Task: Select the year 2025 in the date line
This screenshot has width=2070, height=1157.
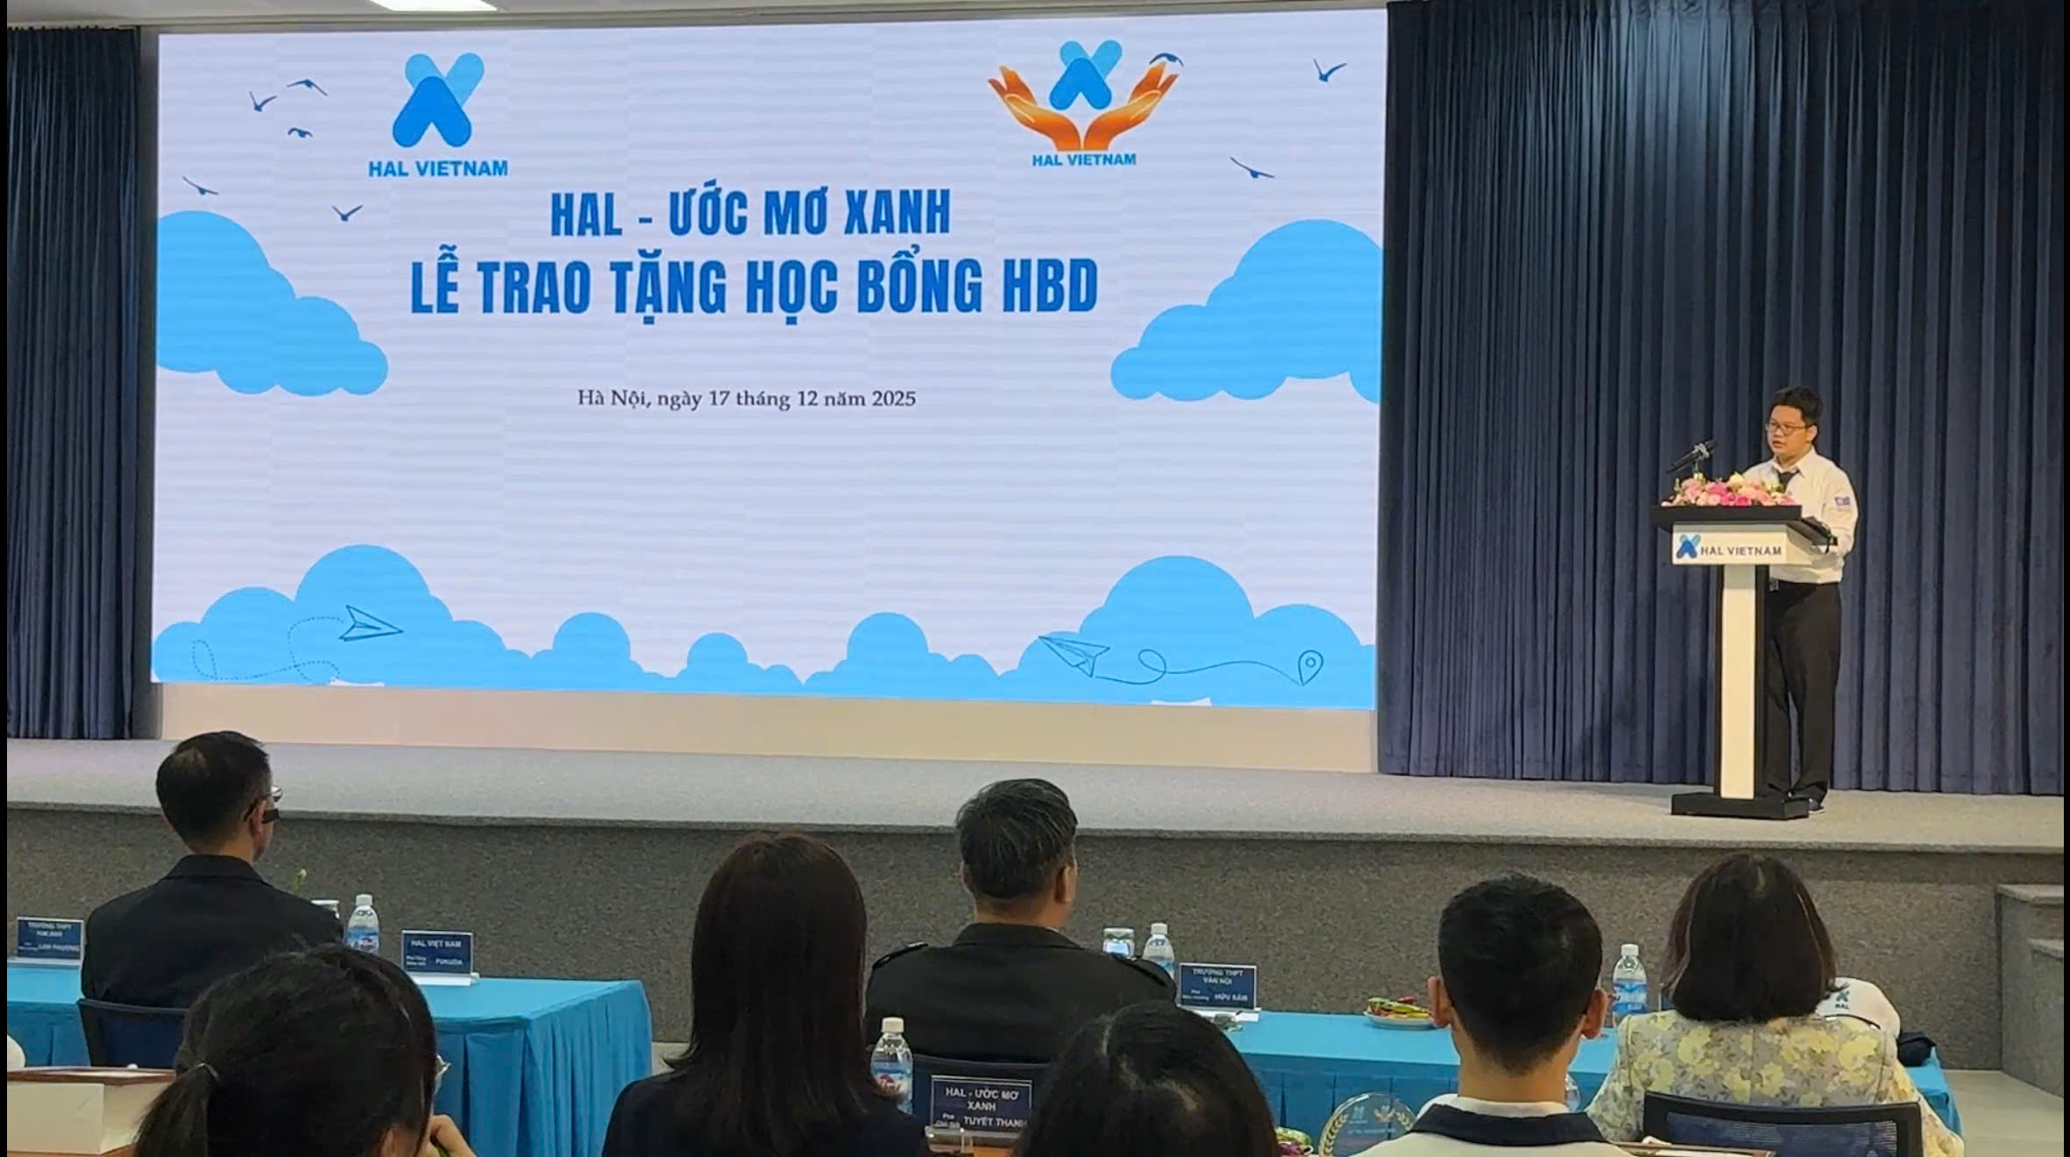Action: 893,399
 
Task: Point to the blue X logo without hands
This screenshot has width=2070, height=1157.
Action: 437,100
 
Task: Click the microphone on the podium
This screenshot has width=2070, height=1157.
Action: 1691,456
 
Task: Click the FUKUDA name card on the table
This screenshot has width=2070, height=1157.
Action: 436,953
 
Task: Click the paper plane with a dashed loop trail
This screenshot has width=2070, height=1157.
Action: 368,624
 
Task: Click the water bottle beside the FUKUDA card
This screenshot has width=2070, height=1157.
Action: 362,925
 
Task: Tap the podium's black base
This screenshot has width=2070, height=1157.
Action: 1740,805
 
